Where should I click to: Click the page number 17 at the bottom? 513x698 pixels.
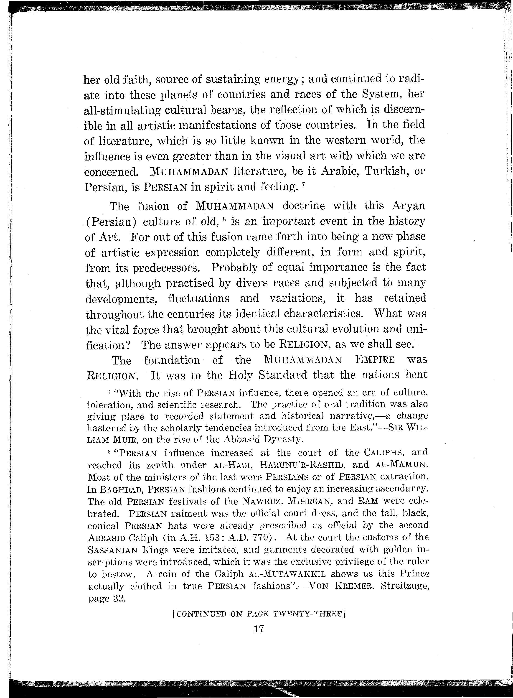click(259, 629)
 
